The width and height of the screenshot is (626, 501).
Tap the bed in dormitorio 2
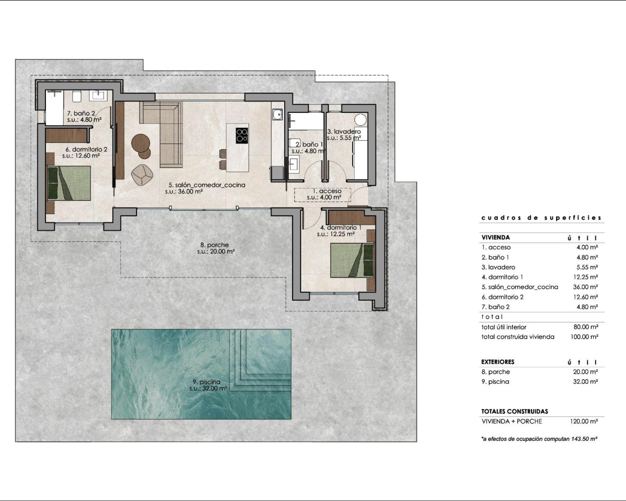(69, 183)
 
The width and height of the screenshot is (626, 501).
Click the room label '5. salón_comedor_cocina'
(207, 185)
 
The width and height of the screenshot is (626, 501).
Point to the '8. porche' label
(214, 245)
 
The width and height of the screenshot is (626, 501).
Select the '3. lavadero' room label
(344, 132)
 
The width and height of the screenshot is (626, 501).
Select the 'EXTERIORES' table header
(498, 362)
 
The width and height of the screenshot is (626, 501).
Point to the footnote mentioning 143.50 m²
(539, 439)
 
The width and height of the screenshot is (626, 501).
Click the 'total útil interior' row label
(504, 327)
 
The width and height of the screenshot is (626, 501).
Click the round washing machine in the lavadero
(361, 120)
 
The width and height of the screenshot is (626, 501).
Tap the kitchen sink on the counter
(277, 114)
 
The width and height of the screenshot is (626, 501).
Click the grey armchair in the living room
(143, 175)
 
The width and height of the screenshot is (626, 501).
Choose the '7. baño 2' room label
(81, 113)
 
